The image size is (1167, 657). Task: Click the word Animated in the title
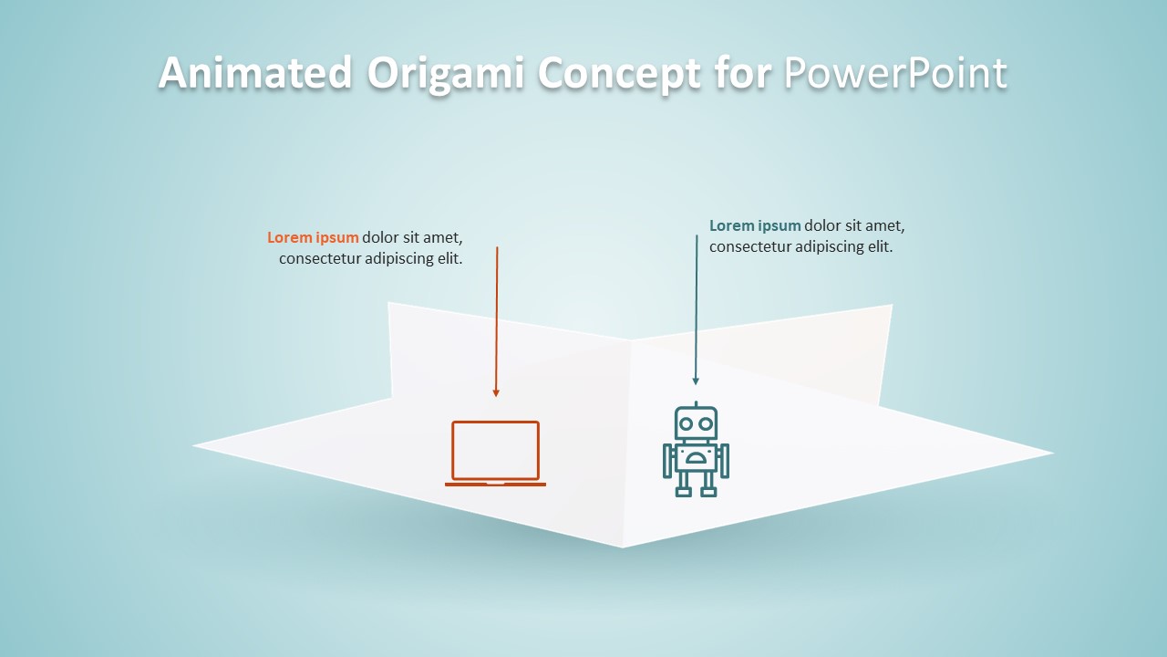click(x=255, y=73)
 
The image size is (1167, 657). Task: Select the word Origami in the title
click(x=446, y=73)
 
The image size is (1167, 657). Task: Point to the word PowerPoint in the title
click(x=895, y=73)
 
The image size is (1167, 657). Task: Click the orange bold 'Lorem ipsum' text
click(x=313, y=238)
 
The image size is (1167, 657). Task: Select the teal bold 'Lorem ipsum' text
click(x=755, y=226)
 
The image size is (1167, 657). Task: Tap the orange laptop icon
click(x=495, y=453)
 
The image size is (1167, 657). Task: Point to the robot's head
click(x=696, y=423)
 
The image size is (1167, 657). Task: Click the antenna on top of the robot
click(x=696, y=404)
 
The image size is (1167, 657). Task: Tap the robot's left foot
click(x=683, y=492)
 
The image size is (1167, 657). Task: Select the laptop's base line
click(x=495, y=484)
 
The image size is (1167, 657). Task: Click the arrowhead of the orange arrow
click(x=496, y=393)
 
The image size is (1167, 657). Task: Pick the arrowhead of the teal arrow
click(x=696, y=381)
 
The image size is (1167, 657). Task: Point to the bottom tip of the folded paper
click(x=623, y=547)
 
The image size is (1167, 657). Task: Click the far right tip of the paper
click(x=1052, y=453)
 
